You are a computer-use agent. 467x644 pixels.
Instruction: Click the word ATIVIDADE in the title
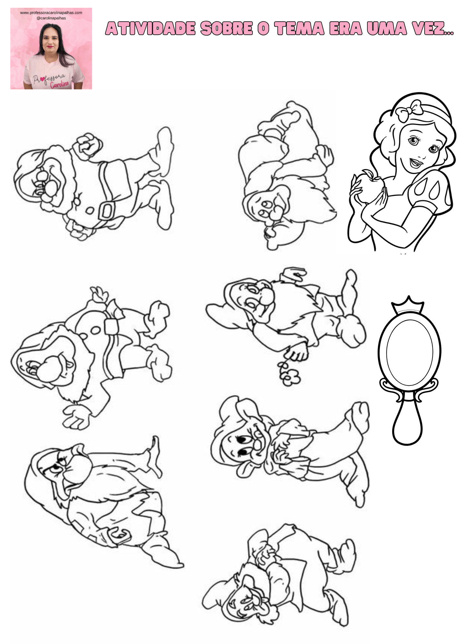tap(151, 28)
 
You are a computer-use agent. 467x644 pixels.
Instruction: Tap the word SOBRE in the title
tap(226, 28)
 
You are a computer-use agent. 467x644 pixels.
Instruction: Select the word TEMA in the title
tap(300, 28)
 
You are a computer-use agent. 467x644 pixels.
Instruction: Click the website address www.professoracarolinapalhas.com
tap(51, 13)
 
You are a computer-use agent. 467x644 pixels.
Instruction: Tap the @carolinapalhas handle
tap(51, 18)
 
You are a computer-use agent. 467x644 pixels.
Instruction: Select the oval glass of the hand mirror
tap(410, 353)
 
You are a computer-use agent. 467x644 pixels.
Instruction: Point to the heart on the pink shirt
tap(41, 79)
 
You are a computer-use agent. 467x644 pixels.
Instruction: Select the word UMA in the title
tap(387, 28)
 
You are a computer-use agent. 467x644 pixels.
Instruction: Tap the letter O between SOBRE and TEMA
tap(263, 28)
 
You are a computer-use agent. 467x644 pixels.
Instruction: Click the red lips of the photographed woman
tap(50, 47)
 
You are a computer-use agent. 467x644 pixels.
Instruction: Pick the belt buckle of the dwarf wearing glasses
tap(106, 211)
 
